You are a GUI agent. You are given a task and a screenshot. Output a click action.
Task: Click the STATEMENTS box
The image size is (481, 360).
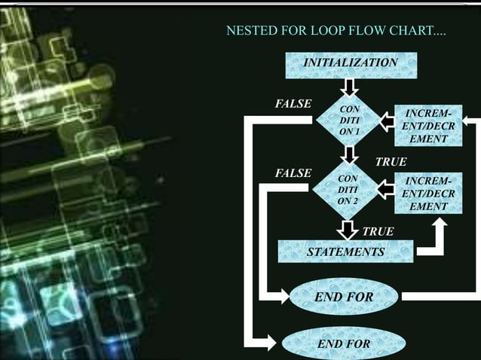point(345,252)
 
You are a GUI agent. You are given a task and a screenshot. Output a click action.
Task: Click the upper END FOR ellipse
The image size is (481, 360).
point(344,297)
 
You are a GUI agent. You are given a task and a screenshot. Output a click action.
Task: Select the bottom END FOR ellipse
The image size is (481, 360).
point(344,344)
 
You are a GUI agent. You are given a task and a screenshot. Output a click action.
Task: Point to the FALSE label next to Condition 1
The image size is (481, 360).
point(293,103)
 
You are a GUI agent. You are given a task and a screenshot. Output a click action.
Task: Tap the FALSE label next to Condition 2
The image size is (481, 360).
point(293,173)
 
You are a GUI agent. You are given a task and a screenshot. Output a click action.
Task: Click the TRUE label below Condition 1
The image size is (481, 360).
point(391,162)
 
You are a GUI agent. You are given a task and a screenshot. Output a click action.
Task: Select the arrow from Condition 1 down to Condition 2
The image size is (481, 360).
point(349,156)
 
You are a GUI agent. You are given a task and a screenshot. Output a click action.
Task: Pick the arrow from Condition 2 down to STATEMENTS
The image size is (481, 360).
point(347,228)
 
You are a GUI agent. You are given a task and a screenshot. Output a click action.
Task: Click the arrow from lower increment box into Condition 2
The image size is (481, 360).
point(387,190)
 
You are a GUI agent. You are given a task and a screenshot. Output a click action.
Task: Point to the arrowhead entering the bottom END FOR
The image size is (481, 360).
point(272,344)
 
